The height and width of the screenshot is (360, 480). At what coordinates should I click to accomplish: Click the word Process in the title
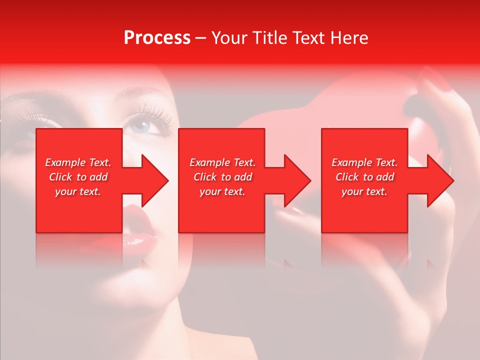point(157,38)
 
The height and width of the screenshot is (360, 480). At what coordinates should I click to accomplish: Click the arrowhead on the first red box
point(154,180)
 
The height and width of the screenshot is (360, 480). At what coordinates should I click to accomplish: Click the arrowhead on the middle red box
point(297,180)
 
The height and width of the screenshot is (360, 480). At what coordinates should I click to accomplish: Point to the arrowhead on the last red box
point(440,180)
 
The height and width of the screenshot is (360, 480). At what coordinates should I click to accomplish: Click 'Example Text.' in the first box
point(78,162)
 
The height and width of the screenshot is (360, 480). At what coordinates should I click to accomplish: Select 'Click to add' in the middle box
point(222,177)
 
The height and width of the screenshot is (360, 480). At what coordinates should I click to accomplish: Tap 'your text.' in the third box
point(364,191)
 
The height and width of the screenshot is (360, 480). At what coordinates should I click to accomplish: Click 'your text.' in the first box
point(78,191)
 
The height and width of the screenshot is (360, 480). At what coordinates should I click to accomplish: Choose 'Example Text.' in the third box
point(364,162)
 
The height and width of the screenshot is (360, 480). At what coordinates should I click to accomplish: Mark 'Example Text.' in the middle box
point(222,162)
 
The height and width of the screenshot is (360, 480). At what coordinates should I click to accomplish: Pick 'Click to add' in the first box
point(78,177)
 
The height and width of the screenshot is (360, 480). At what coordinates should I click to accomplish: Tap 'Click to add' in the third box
point(364,177)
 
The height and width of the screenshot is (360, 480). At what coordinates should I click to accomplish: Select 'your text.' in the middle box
point(222,191)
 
